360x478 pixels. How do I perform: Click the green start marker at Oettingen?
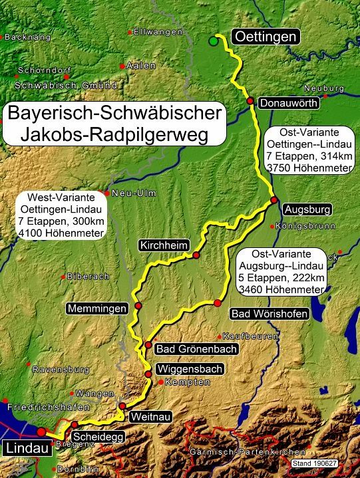(x=213, y=41)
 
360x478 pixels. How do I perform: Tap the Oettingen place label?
(x=264, y=37)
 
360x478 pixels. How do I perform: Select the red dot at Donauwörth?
(x=250, y=101)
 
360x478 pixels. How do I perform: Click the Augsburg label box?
(x=307, y=210)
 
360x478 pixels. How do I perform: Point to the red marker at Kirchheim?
(x=196, y=255)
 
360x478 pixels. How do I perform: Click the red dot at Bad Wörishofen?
(x=217, y=303)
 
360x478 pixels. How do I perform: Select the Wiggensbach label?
(x=188, y=369)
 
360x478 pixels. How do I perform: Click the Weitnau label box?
(x=145, y=416)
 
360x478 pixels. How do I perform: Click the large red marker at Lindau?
(x=41, y=431)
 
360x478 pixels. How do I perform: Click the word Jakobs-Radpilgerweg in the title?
(x=114, y=135)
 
